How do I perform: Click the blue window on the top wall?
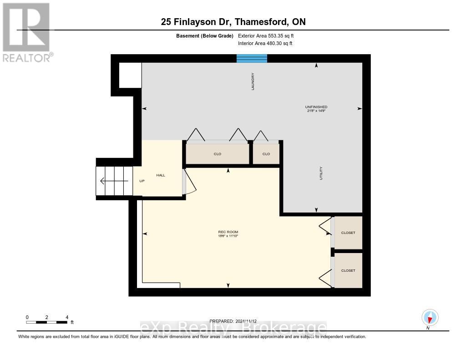click(252, 58)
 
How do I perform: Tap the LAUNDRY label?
click(253, 81)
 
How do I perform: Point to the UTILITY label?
click(321, 173)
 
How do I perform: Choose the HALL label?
click(161, 175)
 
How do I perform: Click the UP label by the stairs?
click(142, 181)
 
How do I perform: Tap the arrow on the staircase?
click(114, 181)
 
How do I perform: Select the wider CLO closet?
click(217, 154)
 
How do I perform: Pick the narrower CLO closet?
click(266, 154)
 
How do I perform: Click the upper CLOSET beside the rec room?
click(348, 233)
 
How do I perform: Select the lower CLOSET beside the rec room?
click(348, 270)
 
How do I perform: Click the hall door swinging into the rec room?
click(189, 182)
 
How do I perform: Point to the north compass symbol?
click(430, 317)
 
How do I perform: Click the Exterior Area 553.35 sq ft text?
click(269, 35)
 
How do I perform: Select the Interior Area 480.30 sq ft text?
click(265, 43)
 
